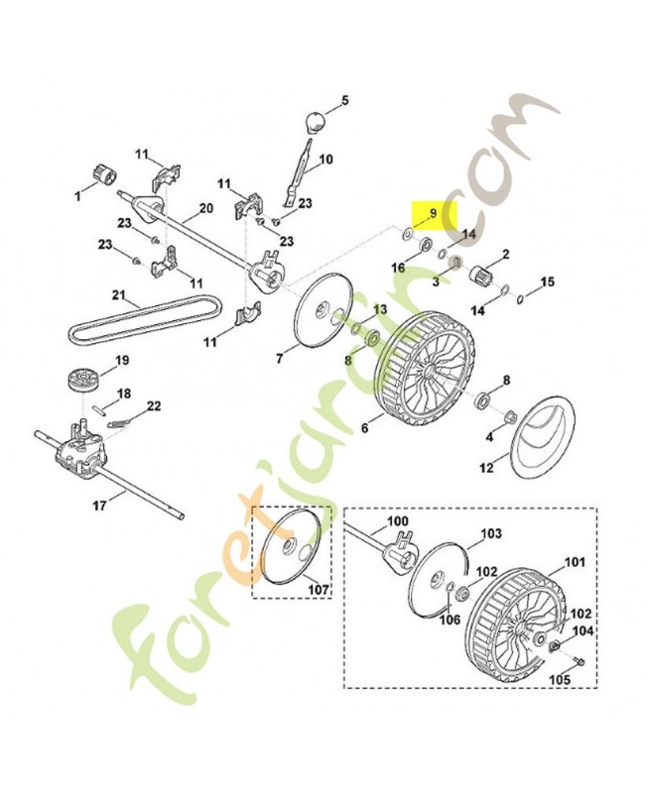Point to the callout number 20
point(206,208)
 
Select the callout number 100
point(397,521)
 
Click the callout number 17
point(99,506)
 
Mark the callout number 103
point(492,533)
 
